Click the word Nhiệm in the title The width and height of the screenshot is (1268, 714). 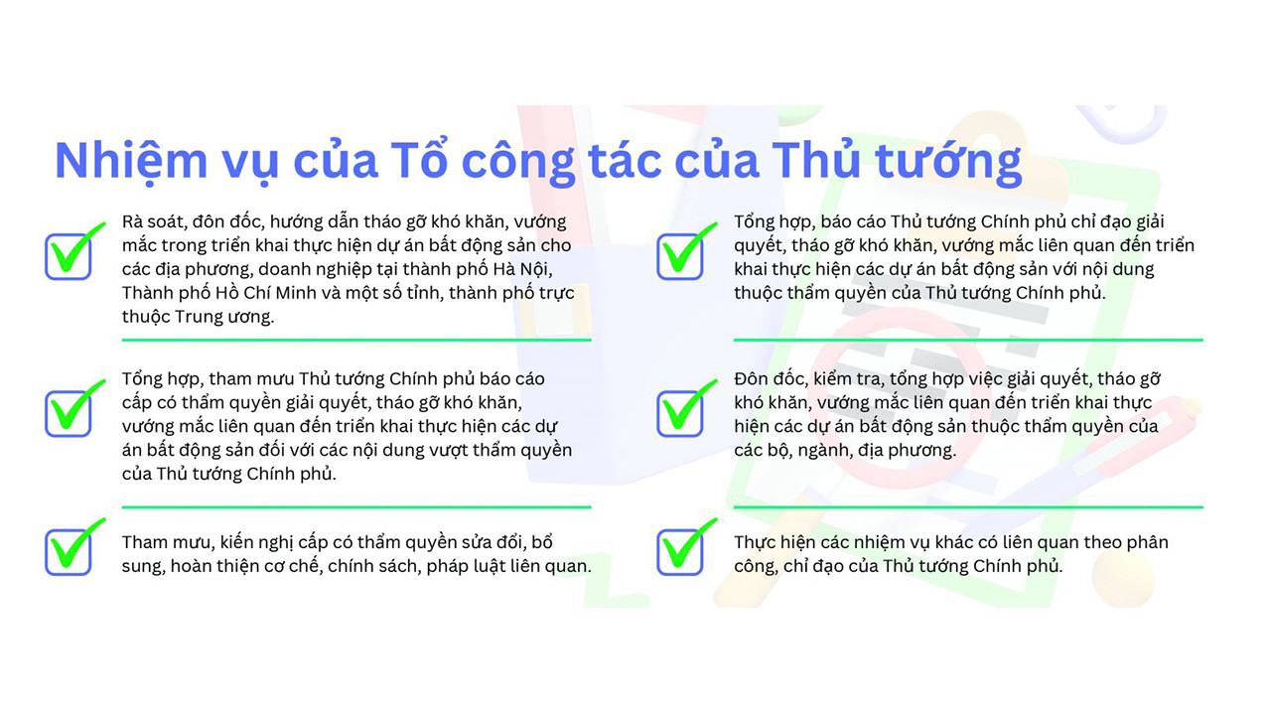click(x=131, y=162)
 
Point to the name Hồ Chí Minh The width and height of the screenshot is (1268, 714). click(x=275, y=293)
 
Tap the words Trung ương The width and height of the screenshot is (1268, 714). click(x=224, y=317)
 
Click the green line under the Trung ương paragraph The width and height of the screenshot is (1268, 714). click(x=356, y=341)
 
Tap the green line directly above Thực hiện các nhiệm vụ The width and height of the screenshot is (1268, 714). click(x=968, y=507)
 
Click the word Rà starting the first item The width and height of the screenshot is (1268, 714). click(x=132, y=221)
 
